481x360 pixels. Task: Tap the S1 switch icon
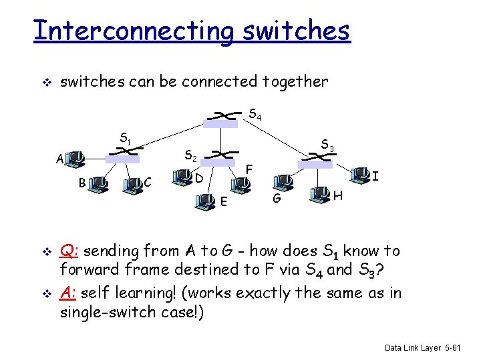(123, 155)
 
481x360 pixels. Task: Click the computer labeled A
(77, 159)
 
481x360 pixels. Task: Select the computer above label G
(283, 181)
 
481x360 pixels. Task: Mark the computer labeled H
(319, 195)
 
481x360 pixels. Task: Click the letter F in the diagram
(249, 169)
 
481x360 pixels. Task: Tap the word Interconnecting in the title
(133, 31)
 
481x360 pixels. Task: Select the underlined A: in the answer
(68, 293)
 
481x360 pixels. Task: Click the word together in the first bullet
(297, 82)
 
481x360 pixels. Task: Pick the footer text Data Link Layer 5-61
(428, 347)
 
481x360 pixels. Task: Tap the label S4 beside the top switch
(255, 117)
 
